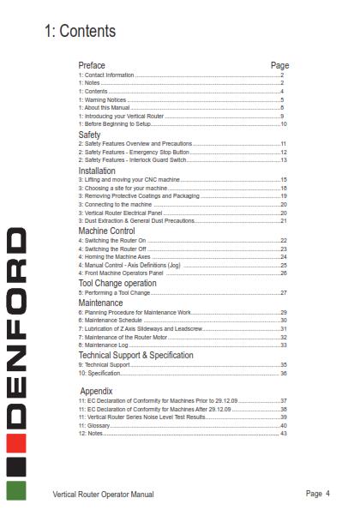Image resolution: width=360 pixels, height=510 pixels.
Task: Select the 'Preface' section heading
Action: point(92,65)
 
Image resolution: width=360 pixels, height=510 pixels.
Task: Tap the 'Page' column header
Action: point(279,65)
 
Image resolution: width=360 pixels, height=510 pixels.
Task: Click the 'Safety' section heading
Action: point(89,135)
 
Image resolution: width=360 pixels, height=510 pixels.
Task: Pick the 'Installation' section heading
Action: point(97,171)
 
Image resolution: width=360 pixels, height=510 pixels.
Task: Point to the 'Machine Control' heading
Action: point(106,231)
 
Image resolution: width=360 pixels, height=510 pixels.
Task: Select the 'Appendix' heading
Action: point(96,391)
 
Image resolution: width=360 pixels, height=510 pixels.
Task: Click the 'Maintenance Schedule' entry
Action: point(112,321)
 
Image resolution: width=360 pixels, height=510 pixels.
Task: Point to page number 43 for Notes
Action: point(282,432)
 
